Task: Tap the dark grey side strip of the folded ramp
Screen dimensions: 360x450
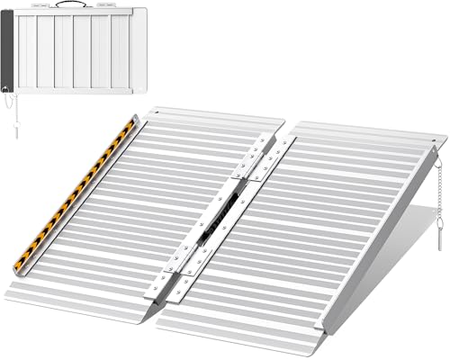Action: [8, 49]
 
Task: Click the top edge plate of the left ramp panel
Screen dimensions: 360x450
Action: [211, 116]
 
